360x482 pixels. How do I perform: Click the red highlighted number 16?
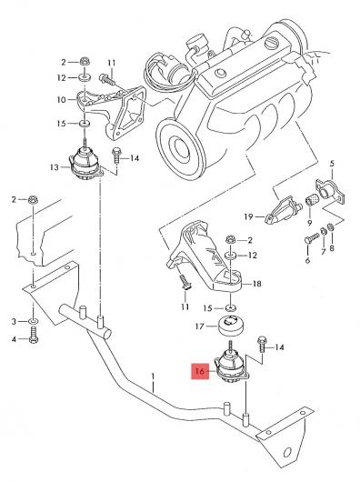200,371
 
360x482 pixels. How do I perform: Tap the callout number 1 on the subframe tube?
153,376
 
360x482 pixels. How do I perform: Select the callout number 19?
248,216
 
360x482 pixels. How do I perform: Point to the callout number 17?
200,326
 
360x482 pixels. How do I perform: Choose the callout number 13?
54,167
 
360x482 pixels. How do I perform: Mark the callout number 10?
62,100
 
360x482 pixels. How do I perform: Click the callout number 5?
332,164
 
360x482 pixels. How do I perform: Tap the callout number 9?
309,222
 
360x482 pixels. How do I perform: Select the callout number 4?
14,339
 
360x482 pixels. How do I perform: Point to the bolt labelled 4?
34,336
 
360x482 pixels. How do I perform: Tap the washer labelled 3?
33,321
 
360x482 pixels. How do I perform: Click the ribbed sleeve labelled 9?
311,201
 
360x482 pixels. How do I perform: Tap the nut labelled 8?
331,227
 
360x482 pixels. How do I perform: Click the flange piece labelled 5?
330,191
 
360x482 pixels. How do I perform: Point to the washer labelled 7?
324,231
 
